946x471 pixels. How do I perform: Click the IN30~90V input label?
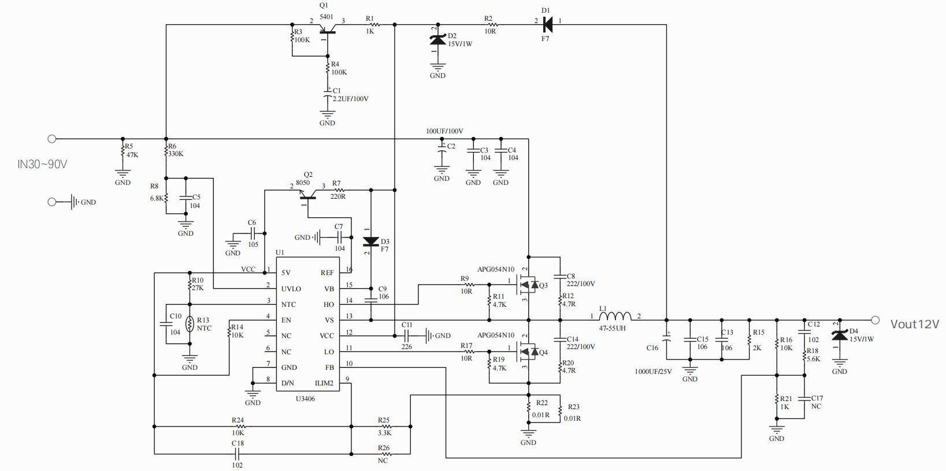42,164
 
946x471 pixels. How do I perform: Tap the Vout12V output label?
915,324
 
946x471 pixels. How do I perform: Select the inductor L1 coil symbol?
615,316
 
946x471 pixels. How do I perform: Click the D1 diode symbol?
547,25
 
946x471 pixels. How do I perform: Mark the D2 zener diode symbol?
437,39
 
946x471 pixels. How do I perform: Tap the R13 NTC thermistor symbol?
190,324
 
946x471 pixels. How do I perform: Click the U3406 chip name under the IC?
305,399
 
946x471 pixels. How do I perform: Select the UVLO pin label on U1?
291,289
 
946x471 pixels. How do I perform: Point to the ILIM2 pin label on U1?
324,383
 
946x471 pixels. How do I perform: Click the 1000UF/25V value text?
653,372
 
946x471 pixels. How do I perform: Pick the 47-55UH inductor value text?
613,328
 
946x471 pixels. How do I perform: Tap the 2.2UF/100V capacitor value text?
350,99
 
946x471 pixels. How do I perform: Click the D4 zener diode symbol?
839,335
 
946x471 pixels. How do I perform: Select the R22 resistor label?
541,403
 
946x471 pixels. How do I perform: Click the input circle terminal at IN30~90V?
51,139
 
